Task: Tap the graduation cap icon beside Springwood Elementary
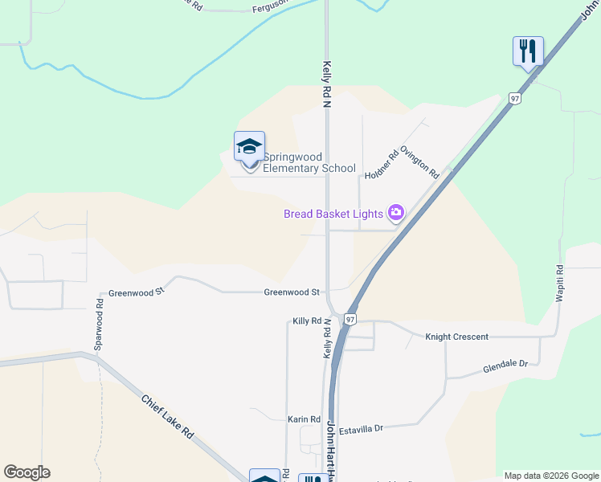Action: (x=249, y=148)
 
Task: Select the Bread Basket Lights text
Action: (x=333, y=214)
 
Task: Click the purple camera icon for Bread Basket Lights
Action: (x=395, y=213)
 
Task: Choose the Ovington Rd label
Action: (x=420, y=161)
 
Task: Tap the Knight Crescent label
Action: (x=456, y=337)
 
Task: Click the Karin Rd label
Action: (x=304, y=419)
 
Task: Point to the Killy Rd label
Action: (x=307, y=321)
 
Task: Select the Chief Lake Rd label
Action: (x=168, y=416)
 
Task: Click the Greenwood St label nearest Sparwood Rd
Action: (x=136, y=292)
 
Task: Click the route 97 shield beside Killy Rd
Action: (x=350, y=319)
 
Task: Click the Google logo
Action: (x=27, y=472)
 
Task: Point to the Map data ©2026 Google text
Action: (x=551, y=476)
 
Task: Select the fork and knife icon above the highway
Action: (x=528, y=51)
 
